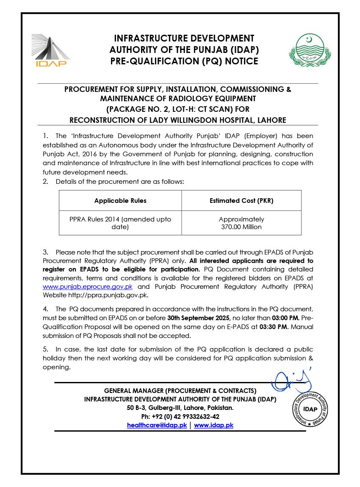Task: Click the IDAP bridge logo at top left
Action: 50,50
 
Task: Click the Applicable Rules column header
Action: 120,201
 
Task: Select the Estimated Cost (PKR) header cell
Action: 241,201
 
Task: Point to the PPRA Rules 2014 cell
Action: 120,223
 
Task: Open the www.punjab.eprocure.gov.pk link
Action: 88,287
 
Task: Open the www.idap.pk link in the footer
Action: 213,425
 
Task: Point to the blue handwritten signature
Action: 290,380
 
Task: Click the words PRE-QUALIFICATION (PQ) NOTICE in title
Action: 184,61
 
